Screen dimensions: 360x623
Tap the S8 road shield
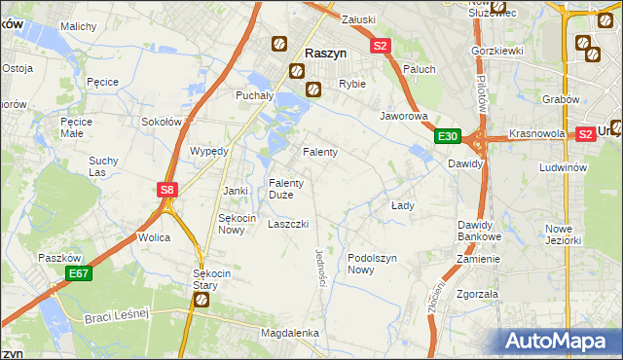pyautogui.click(x=167, y=191)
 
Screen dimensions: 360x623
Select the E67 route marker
pyautogui.click(x=79, y=275)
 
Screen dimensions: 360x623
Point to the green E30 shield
pyautogui.click(x=447, y=136)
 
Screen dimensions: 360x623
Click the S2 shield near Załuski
pyautogui.click(x=380, y=45)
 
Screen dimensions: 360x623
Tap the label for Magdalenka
pyautogui.click(x=290, y=333)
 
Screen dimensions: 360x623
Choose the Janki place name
pyautogui.click(x=236, y=190)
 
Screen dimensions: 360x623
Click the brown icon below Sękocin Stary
pyautogui.click(x=202, y=300)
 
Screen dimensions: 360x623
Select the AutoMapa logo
pyautogui.click(x=559, y=341)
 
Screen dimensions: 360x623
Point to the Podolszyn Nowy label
pyautogui.click(x=374, y=264)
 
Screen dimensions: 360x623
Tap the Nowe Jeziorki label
pyautogui.click(x=563, y=234)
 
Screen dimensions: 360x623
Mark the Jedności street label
pyautogui.click(x=319, y=267)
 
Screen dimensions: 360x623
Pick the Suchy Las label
pyautogui.click(x=103, y=165)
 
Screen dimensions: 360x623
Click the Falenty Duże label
pyautogui.click(x=287, y=188)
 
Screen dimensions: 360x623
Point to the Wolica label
pyautogui.click(x=155, y=236)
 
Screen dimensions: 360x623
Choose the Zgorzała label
pyautogui.click(x=477, y=293)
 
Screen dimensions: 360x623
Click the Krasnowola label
pyautogui.click(x=536, y=135)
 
